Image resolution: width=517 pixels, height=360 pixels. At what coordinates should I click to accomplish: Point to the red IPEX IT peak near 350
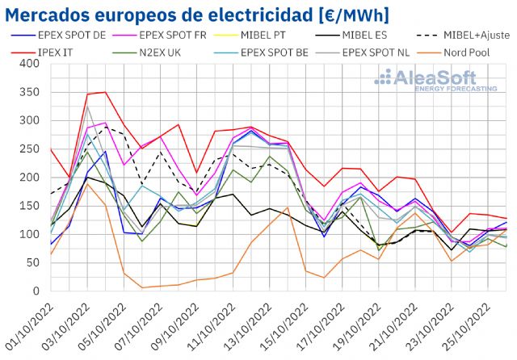105,92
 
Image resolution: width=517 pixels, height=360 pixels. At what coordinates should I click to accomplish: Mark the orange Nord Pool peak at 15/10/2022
287,207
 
